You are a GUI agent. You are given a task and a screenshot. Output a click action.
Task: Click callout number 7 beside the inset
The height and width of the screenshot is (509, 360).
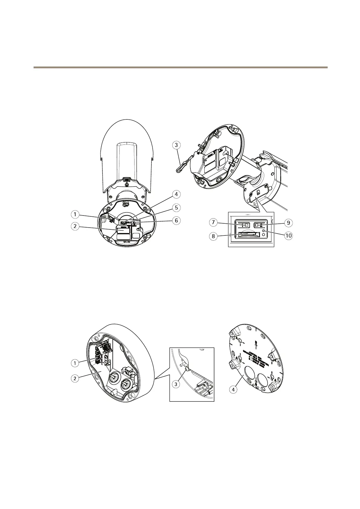click(x=214, y=223)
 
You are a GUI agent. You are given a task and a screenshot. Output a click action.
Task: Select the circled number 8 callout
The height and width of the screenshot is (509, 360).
click(x=214, y=236)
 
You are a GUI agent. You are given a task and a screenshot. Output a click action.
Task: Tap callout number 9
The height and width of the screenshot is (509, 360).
click(x=288, y=223)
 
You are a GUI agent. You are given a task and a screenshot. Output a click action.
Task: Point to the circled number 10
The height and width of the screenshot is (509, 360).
click(x=288, y=236)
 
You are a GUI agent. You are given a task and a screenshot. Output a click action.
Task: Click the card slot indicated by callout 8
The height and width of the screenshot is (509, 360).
click(x=249, y=234)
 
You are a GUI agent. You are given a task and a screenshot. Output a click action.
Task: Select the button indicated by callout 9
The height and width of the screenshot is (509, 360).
click(x=260, y=225)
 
